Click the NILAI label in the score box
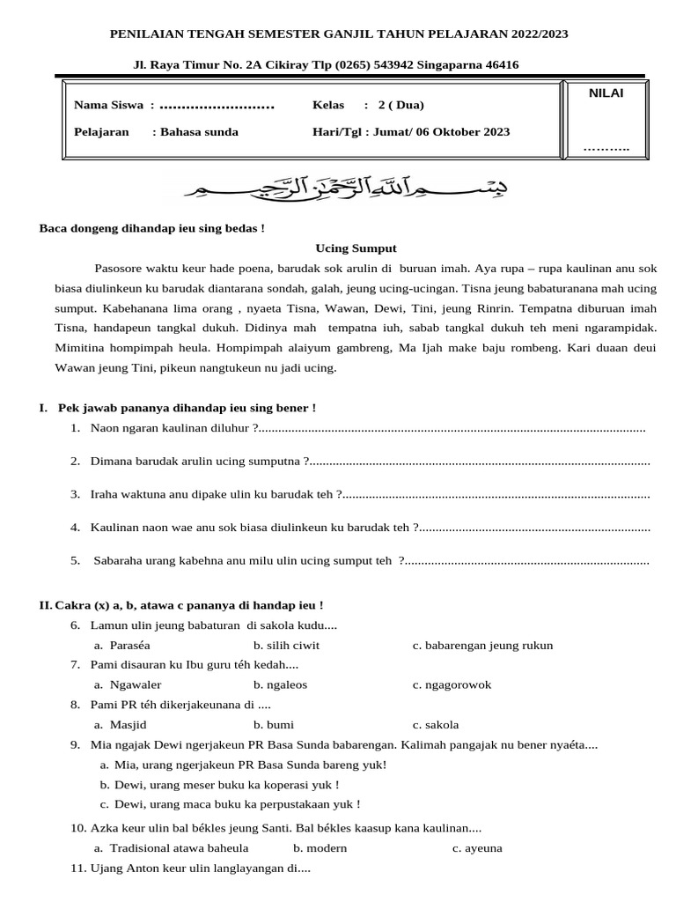pos(606,93)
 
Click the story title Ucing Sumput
pos(356,248)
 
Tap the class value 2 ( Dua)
pos(400,106)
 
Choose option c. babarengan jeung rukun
pos(482,645)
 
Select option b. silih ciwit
pos(286,645)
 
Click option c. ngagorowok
pos(452,684)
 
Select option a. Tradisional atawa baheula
pos(172,847)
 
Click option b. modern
pos(320,847)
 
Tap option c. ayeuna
pos(477,847)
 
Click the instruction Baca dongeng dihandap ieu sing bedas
pos(152,228)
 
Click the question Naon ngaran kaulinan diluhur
pos(174,428)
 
